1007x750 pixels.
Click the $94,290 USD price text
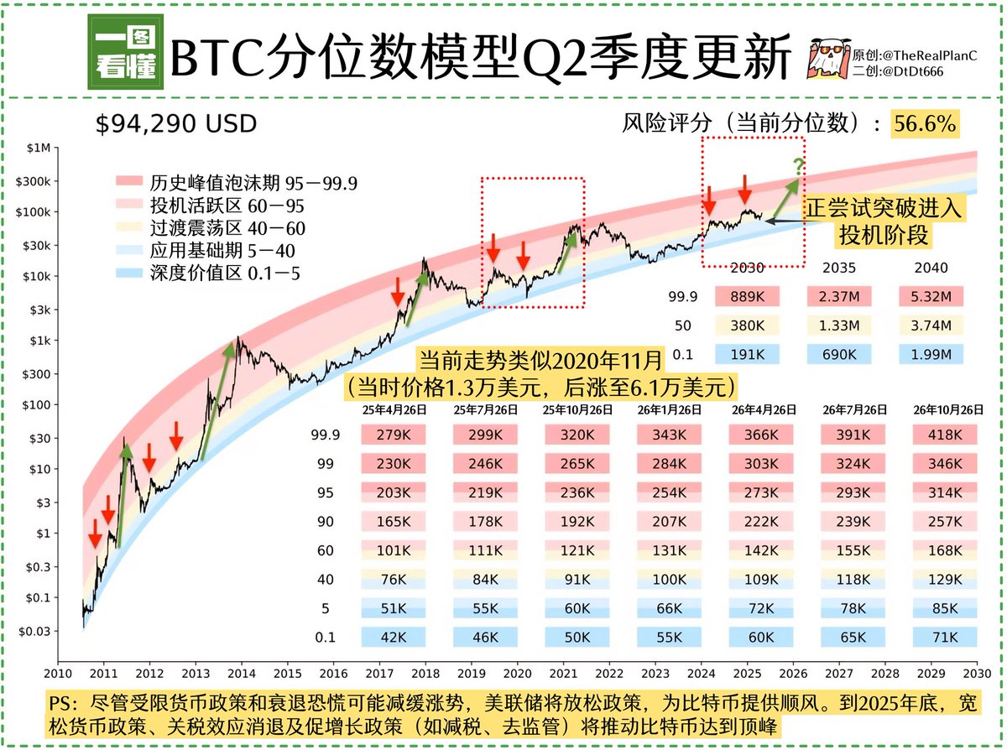click(175, 125)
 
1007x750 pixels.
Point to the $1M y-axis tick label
click(39, 149)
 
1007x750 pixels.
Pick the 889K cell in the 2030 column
click(748, 296)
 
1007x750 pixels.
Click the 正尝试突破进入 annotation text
click(884, 208)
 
